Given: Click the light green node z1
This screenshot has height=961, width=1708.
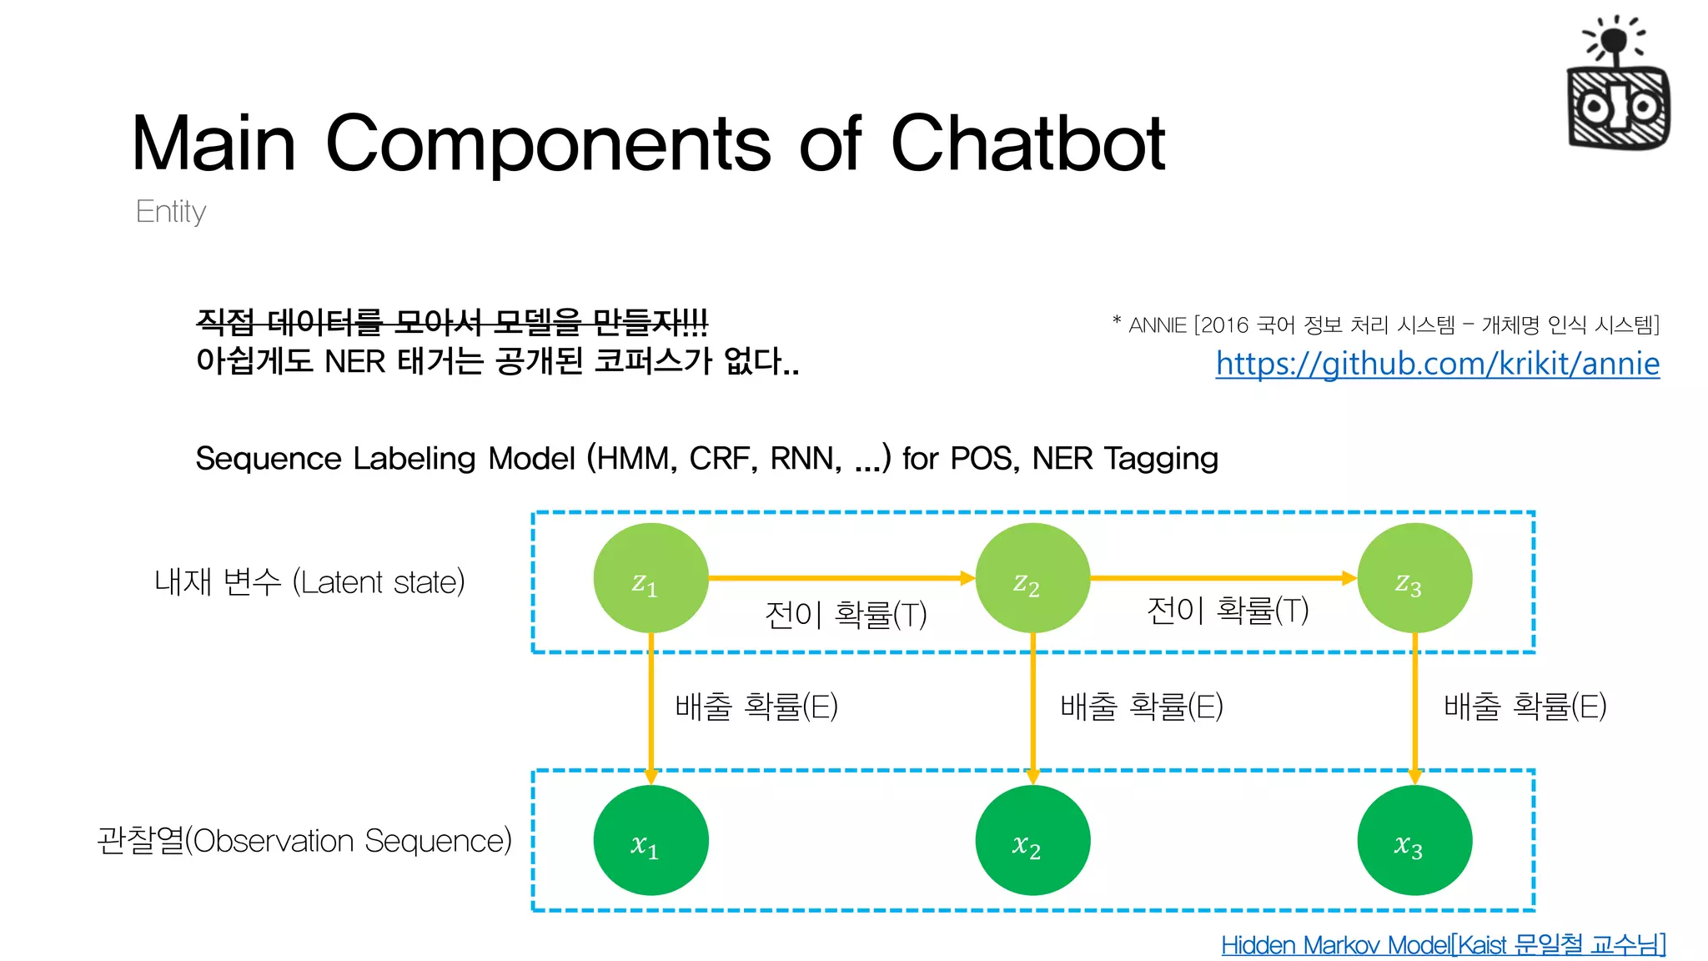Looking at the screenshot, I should click(x=651, y=578).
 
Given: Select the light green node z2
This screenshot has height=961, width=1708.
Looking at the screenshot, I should click(x=1032, y=578).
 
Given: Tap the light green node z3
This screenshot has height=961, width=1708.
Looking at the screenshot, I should click(x=1414, y=578).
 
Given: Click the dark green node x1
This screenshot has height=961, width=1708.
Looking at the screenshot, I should click(x=651, y=840).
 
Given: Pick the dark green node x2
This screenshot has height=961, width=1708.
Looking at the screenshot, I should click(x=1032, y=840).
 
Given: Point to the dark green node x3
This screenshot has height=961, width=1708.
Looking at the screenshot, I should click(x=1414, y=840).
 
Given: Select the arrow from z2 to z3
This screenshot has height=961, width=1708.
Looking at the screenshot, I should click(x=1223, y=577).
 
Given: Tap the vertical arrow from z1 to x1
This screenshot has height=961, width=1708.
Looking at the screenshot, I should click(x=651, y=709).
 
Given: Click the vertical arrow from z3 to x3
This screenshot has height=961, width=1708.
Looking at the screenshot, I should click(x=1414, y=709).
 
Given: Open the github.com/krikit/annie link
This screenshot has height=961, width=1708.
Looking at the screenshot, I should click(x=1437, y=364).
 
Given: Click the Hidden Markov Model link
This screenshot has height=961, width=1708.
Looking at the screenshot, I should click(x=1443, y=944).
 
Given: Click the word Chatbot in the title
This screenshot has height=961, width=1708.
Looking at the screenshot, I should click(x=1027, y=143).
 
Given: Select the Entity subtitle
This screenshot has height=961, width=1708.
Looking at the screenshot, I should click(x=171, y=212).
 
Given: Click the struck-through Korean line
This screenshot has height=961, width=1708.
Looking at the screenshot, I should click(x=451, y=321).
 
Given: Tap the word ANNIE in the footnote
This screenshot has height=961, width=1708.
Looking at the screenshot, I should click(x=1157, y=325).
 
